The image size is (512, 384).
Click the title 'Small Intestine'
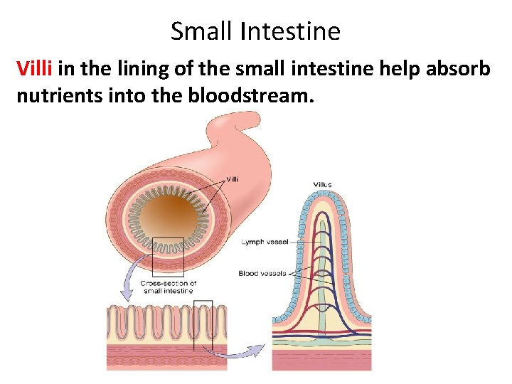255,31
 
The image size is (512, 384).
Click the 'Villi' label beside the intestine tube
232,178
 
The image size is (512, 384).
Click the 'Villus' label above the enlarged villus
322,185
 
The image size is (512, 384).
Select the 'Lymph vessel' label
264,242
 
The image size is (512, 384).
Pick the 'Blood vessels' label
262,273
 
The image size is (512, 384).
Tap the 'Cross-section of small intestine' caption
169,287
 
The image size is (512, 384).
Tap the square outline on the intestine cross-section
169,256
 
